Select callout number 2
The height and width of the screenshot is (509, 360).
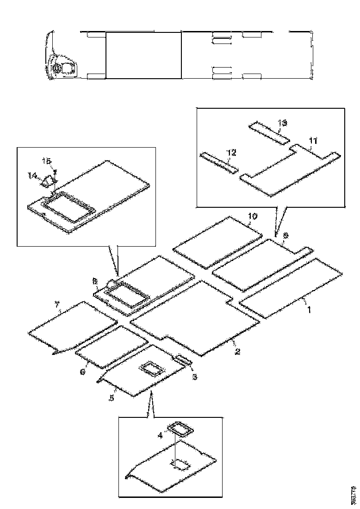click(x=237, y=352)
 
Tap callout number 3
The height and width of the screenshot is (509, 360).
click(x=195, y=377)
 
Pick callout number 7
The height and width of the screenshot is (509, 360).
click(x=57, y=304)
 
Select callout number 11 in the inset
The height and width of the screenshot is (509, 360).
click(x=313, y=140)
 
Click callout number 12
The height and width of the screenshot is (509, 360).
click(x=231, y=152)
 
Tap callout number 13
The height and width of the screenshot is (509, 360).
click(x=282, y=123)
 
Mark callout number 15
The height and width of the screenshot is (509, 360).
click(x=47, y=161)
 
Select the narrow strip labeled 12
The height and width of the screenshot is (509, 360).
click(x=219, y=162)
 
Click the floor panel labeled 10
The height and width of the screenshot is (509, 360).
click(x=217, y=242)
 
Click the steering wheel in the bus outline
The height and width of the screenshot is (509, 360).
click(x=57, y=68)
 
